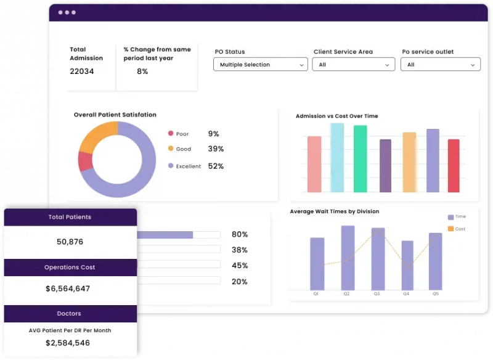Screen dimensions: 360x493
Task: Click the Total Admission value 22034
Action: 82,72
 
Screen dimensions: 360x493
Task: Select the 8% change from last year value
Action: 142,72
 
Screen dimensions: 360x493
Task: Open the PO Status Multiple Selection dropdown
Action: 260,65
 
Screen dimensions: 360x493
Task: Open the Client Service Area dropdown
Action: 353,65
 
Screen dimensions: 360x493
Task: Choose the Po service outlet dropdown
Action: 440,65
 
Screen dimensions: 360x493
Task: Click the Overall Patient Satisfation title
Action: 115,115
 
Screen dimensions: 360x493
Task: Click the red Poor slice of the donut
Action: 85,162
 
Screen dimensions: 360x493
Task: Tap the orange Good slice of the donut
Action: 97,134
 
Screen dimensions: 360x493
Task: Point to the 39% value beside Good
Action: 216,149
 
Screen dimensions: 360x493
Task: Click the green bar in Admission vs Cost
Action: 361,159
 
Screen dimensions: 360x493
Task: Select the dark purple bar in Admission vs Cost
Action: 385,166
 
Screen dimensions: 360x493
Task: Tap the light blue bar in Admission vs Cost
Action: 337,158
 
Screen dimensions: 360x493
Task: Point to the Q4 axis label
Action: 406,294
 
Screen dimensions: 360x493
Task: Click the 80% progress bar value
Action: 239,235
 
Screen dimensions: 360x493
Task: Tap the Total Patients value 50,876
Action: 70,242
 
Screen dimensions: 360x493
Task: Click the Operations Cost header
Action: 70,268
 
